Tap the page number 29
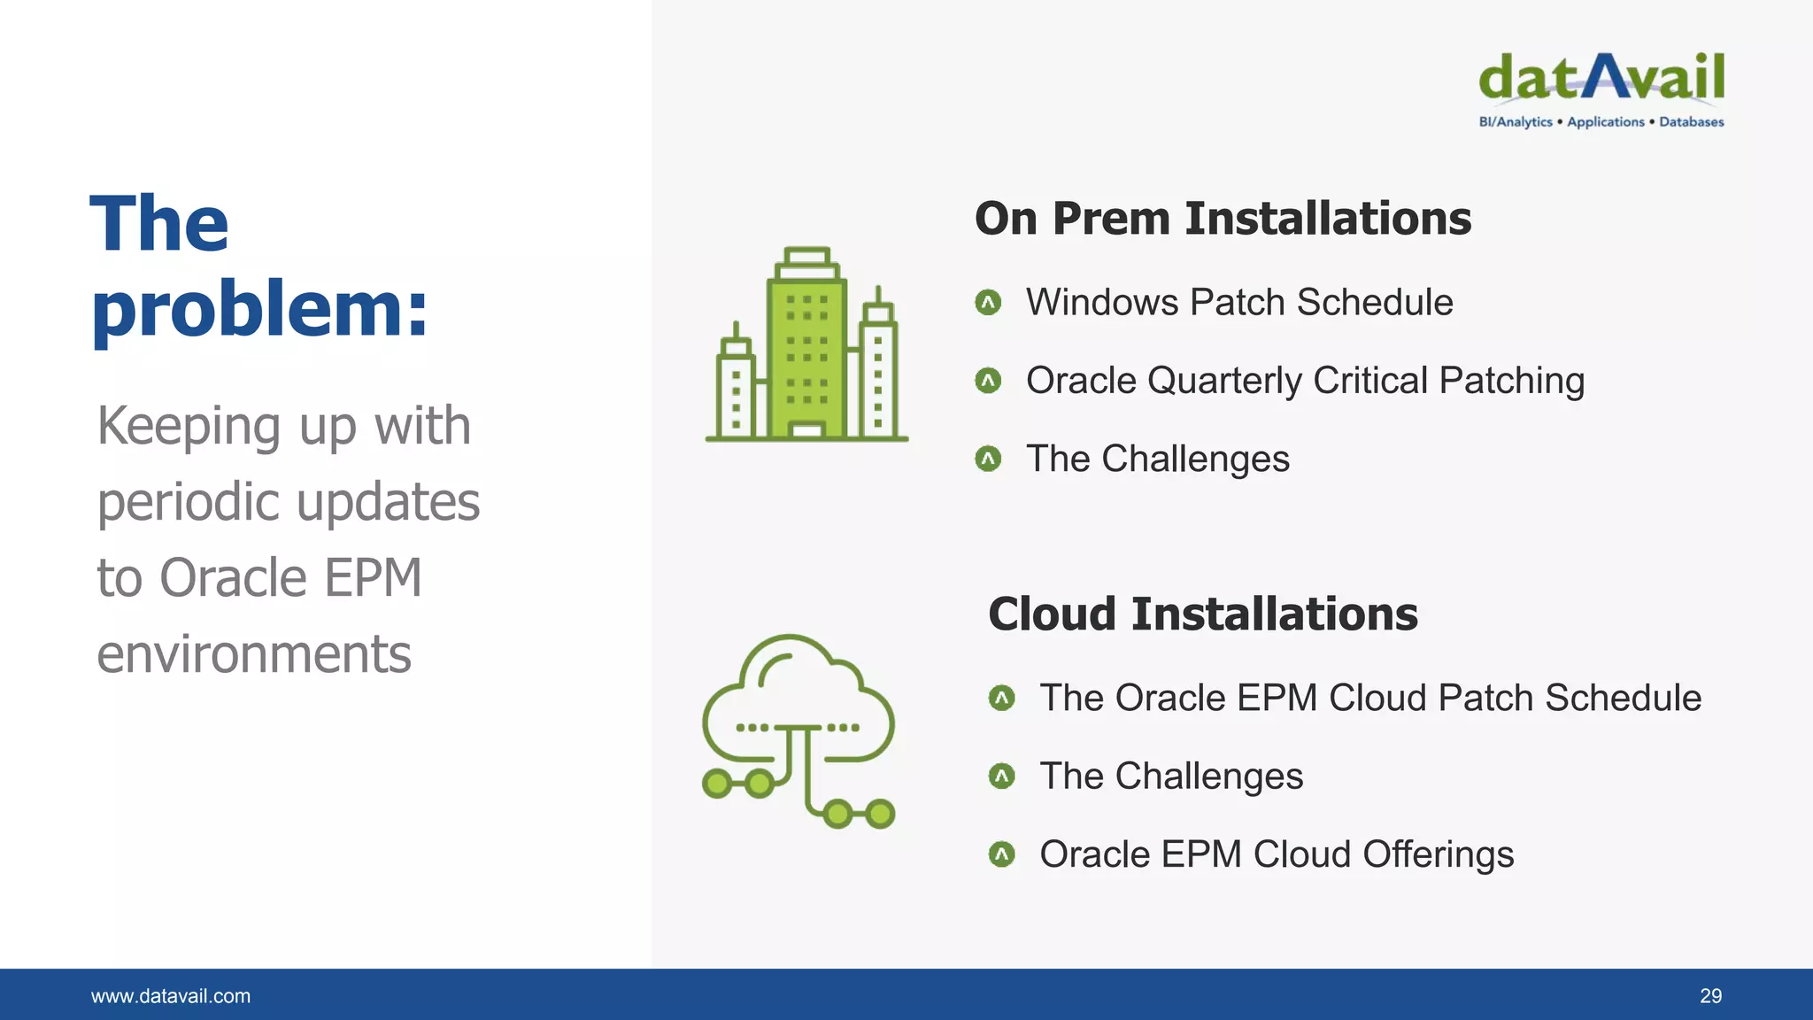tap(1710, 996)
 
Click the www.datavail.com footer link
tap(171, 996)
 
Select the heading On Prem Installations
tap(1223, 219)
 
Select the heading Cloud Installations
tap(1203, 614)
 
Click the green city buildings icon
tap(806, 345)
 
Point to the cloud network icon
tap(798, 731)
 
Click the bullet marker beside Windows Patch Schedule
tap(988, 303)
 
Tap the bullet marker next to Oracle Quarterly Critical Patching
tap(988, 381)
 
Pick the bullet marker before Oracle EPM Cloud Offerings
tap(1001, 854)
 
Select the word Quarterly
tap(1224, 382)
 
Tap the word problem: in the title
tap(259, 310)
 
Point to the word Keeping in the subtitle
tap(190, 427)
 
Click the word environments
tap(254, 654)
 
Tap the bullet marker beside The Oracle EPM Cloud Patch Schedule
tap(1001, 699)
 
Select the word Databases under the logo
tap(1691, 122)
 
